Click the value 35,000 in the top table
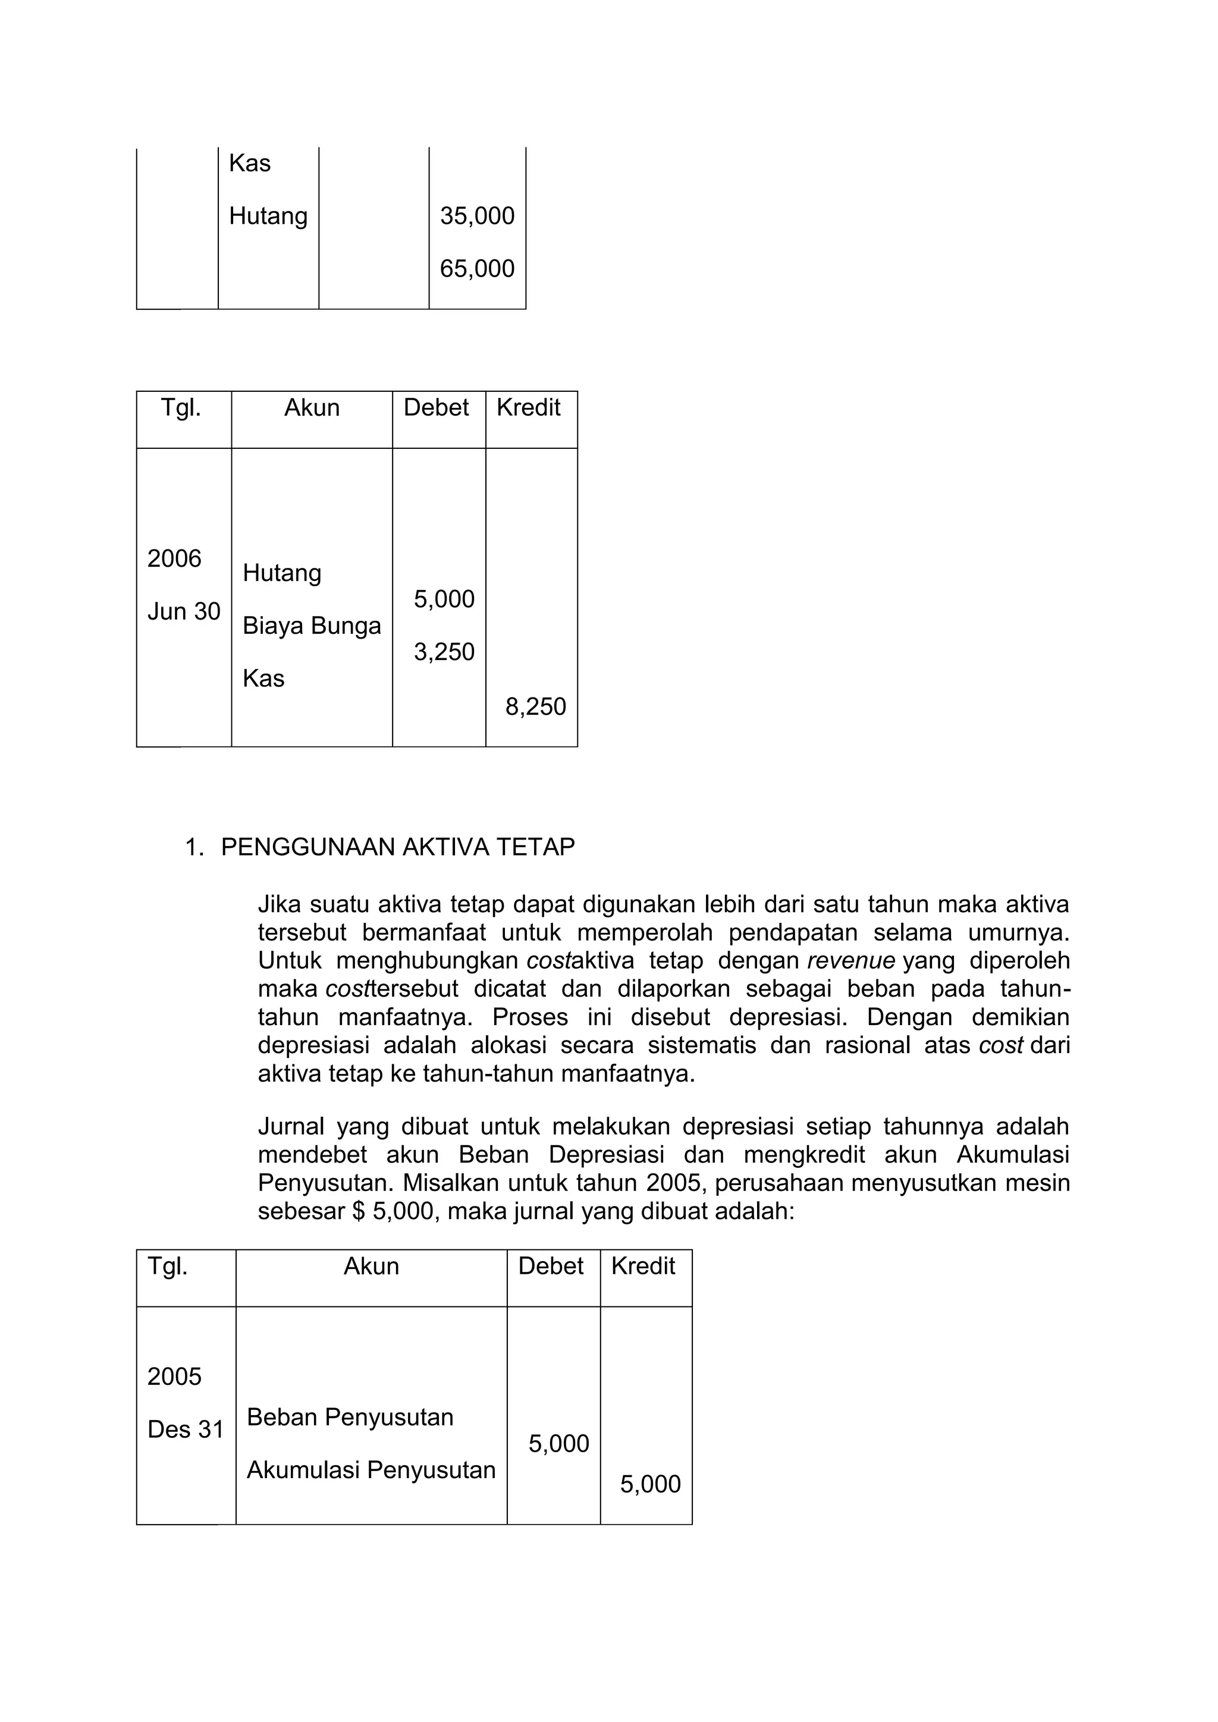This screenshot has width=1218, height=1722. (x=477, y=216)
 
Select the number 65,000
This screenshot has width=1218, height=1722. (x=477, y=269)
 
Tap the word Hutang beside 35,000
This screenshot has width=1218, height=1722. (x=268, y=216)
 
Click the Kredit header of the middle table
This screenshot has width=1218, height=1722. (x=528, y=407)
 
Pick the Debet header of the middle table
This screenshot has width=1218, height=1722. (x=436, y=407)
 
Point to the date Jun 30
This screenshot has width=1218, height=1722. (x=184, y=611)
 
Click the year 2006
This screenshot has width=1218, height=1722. (x=174, y=559)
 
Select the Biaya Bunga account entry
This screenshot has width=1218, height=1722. (x=311, y=626)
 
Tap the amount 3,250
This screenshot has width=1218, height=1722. (x=444, y=652)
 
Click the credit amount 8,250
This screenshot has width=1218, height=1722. (x=535, y=706)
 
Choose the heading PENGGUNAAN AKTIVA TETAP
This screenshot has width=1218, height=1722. (x=397, y=847)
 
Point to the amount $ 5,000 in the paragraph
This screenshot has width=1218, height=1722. (x=393, y=1211)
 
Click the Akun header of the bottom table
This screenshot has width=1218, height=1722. (x=371, y=1266)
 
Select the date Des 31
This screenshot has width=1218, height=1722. (x=185, y=1429)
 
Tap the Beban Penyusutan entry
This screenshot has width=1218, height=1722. (x=350, y=1417)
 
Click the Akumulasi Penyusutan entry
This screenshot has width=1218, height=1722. (x=371, y=1470)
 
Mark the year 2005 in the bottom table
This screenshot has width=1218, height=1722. (x=174, y=1377)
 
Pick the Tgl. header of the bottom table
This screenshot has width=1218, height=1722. (x=167, y=1266)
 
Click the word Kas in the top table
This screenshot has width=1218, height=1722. (x=250, y=164)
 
